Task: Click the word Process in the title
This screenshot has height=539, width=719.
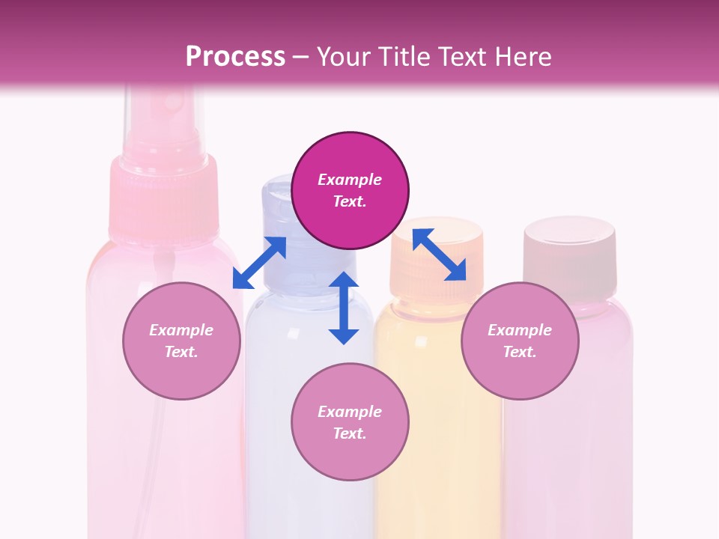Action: click(235, 57)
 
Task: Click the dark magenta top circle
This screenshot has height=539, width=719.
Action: click(350, 190)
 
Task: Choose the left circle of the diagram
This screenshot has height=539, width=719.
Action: click(181, 341)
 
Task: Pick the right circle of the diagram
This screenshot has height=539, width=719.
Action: click(520, 341)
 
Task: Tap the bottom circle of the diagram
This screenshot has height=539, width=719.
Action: click(350, 422)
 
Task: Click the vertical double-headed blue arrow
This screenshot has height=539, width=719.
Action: click(344, 308)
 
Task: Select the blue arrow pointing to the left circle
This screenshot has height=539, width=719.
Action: click(259, 263)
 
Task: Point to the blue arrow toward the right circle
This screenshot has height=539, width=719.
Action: click(440, 254)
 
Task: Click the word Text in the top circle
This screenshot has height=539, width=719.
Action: click(349, 201)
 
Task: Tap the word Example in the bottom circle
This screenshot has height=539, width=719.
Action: click(350, 412)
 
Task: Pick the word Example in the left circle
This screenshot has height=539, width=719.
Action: click(181, 330)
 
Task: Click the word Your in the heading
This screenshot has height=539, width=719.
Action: click(345, 57)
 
